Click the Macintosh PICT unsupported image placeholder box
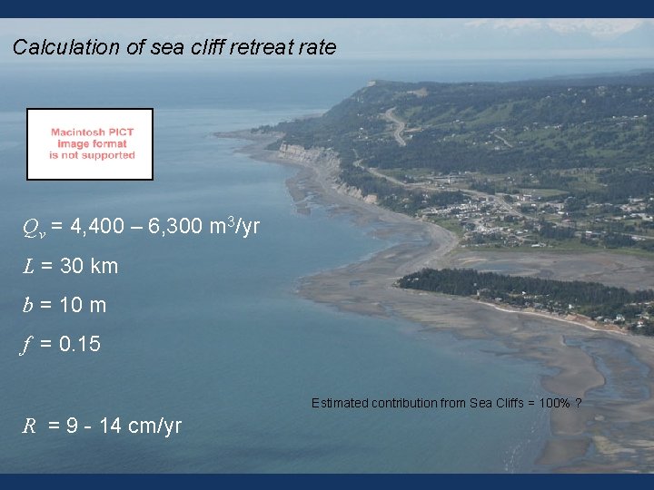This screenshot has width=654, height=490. (90, 144)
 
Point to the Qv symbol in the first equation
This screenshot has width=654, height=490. (33, 227)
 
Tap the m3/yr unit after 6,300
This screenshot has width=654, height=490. (234, 225)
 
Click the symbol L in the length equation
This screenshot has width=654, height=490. (29, 267)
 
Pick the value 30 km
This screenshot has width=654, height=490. (88, 267)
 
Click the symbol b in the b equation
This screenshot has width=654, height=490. (28, 305)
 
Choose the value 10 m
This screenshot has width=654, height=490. (83, 306)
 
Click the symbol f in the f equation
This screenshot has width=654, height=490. (29, 345)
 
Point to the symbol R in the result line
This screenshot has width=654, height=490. (30, 426)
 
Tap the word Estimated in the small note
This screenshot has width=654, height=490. (341, 403)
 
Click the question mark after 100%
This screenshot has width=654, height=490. (579, 403)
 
